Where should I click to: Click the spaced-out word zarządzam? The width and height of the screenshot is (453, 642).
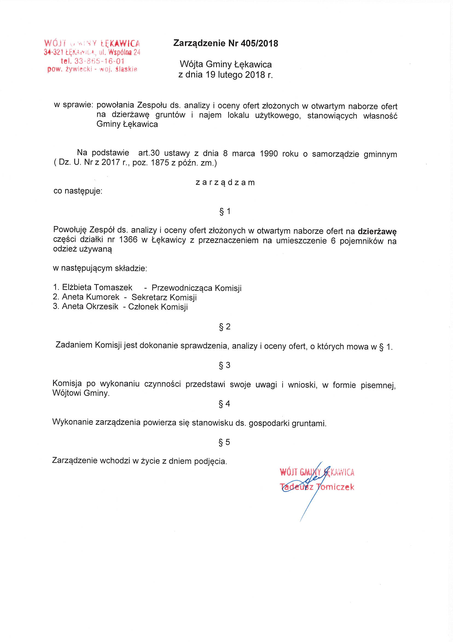[x=225, y=183]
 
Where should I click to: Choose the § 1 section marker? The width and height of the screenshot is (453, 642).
[x=225, y=211]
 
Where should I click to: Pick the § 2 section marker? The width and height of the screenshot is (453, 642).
[x=225, y=326]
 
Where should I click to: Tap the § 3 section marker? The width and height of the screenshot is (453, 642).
[x=225, y=365]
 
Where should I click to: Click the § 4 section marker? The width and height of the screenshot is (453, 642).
[x=225, y=403]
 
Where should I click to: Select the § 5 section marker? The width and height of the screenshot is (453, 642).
[x=225, y=442]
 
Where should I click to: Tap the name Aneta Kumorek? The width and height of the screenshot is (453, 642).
[x=91, y=297]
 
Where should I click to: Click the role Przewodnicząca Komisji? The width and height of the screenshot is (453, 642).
[x=196, y=288]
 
